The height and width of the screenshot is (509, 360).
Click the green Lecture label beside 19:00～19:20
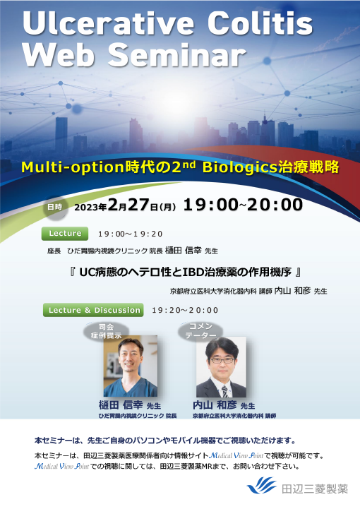click(66, 233)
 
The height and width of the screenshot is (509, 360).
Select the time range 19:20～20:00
click(185, 310)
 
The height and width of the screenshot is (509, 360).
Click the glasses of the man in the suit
click(220, 360)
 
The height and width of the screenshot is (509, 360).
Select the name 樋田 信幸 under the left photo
click(121, 406)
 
